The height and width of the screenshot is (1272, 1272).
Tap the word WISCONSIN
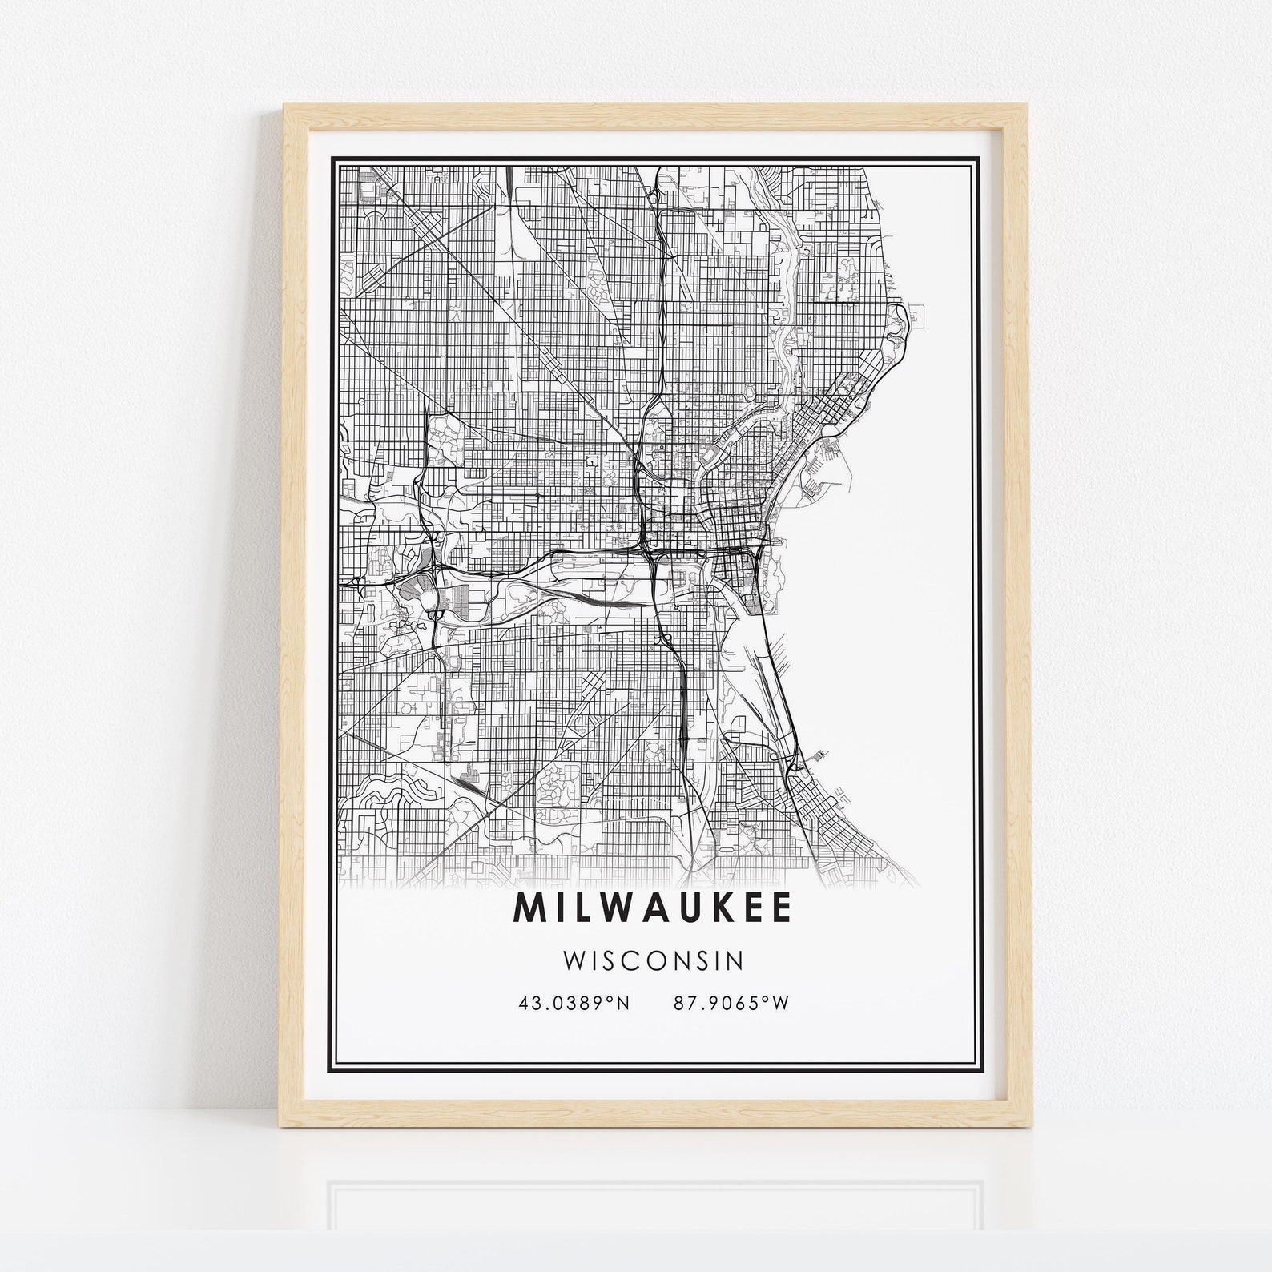653,960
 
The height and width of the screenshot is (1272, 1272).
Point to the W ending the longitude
782,1004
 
